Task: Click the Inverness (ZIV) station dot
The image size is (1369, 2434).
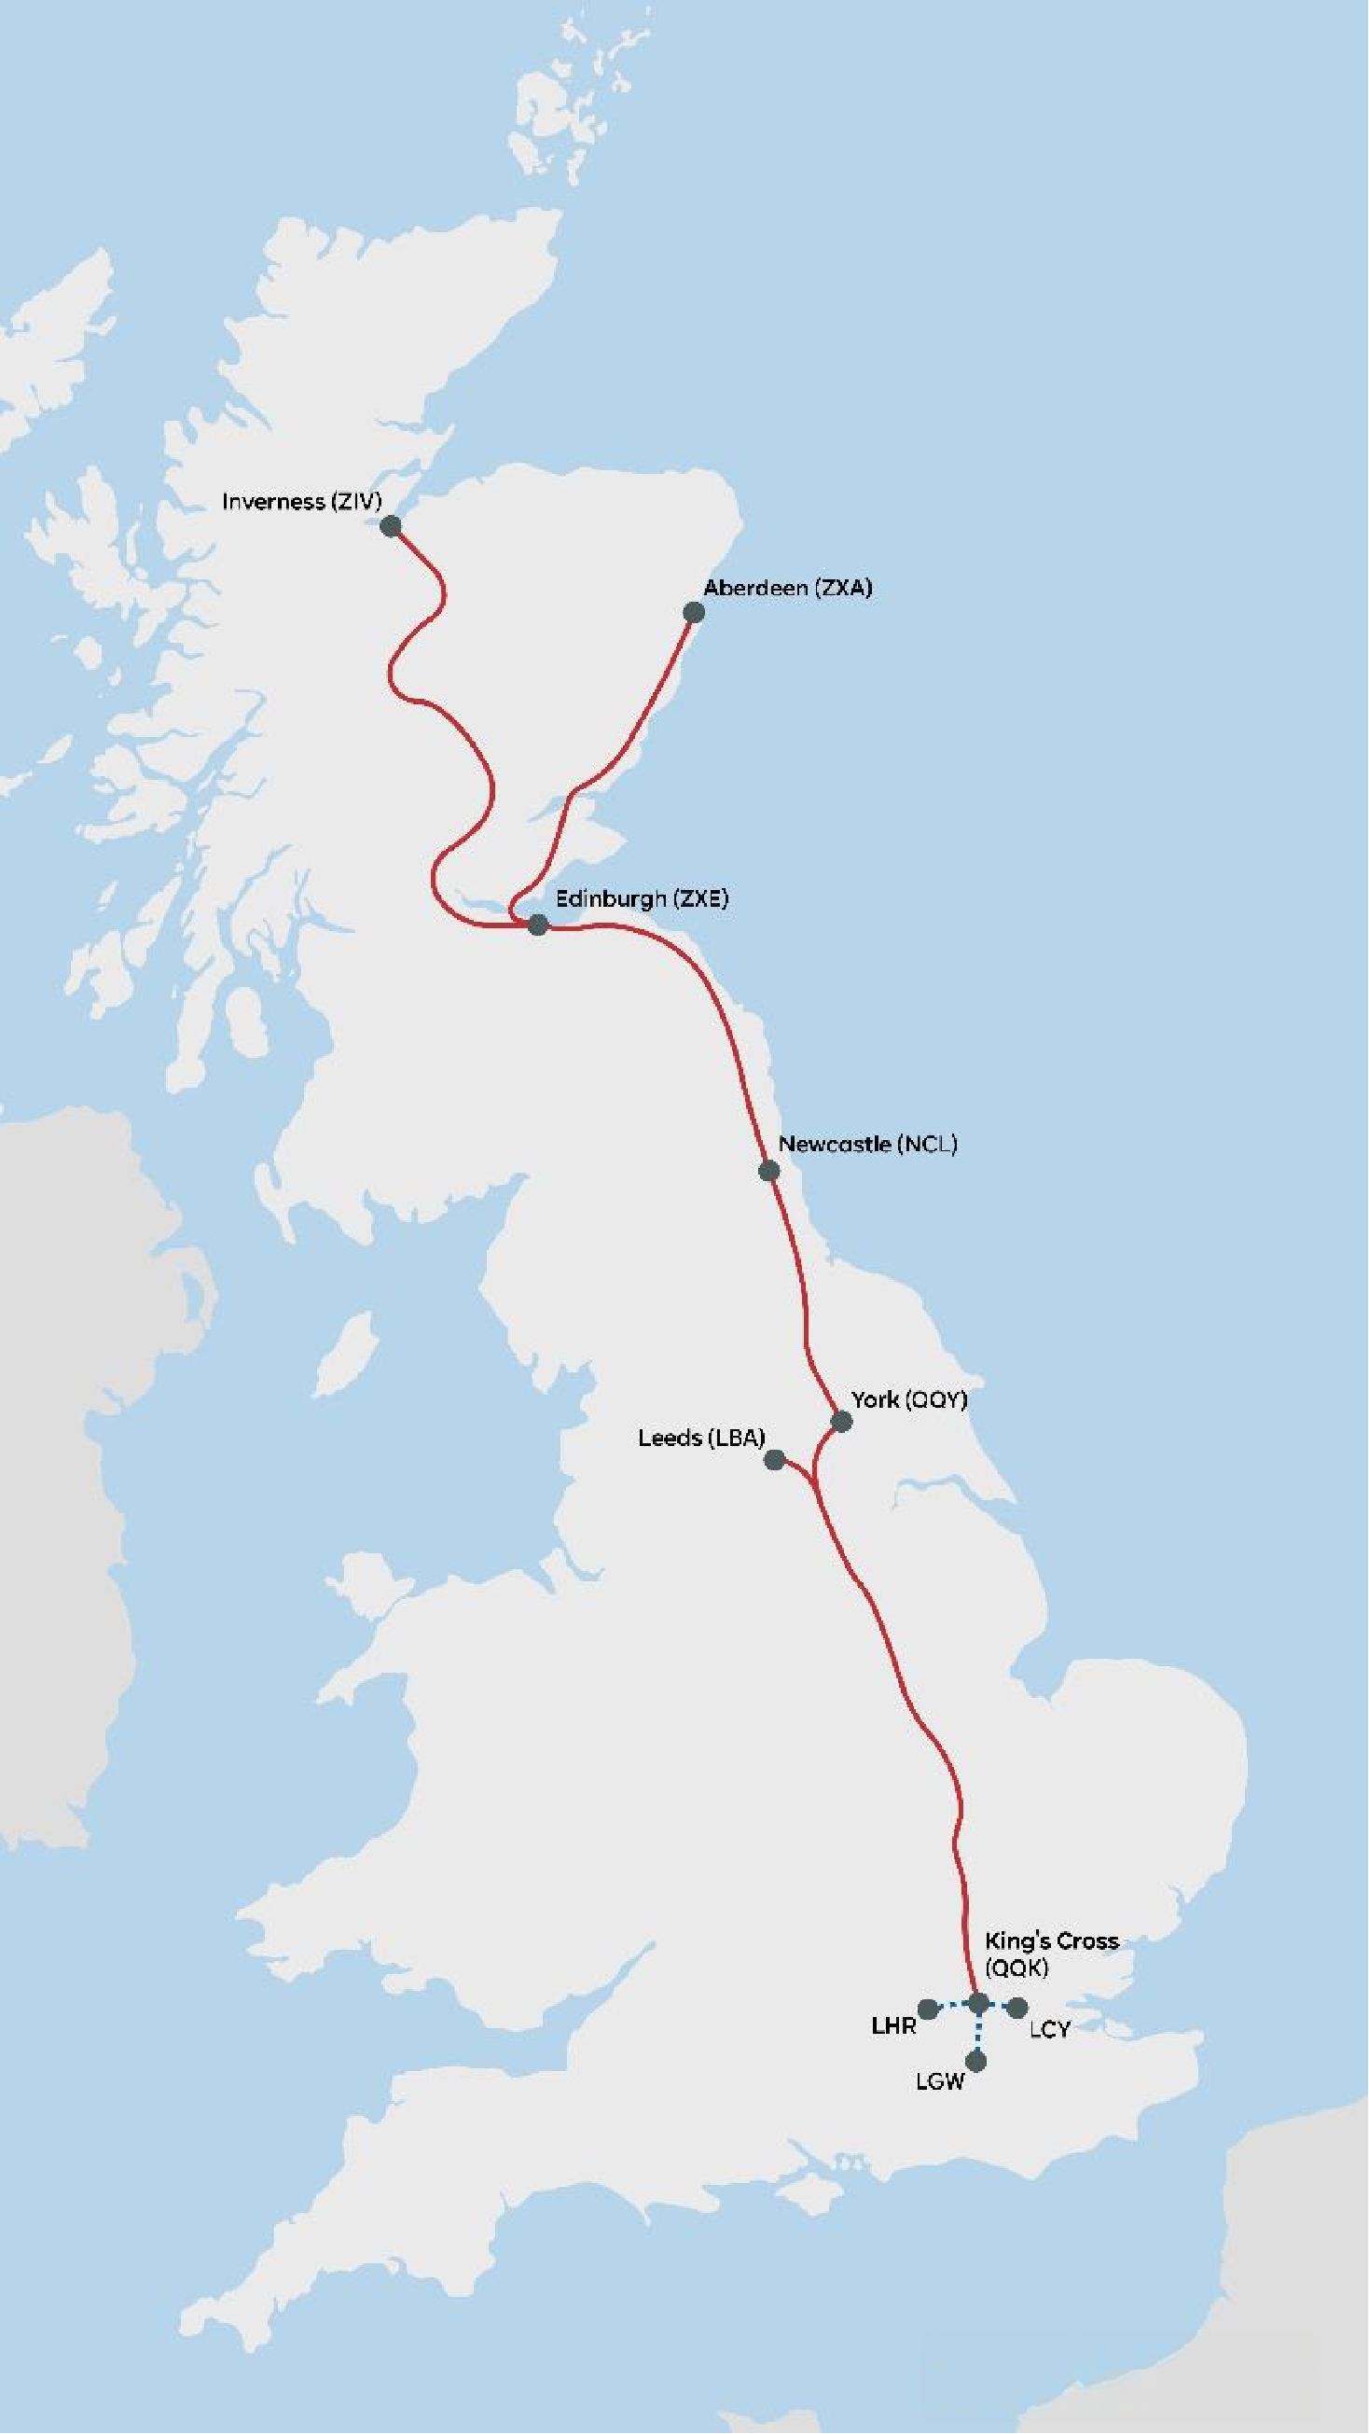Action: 390,526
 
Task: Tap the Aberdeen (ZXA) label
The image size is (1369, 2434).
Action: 787,588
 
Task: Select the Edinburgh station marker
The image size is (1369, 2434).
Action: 537,925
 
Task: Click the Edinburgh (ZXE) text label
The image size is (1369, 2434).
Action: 642,898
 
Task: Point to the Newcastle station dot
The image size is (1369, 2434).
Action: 769,1171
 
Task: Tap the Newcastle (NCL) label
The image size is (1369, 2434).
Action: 867,1145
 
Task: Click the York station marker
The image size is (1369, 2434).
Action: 841,1421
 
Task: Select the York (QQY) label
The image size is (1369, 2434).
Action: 909,1399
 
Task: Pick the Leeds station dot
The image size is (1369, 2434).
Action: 774,1460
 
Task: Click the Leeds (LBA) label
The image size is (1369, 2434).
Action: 701,1438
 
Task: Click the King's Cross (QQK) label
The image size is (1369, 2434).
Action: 1051,1954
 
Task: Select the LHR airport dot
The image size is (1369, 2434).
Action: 928,2008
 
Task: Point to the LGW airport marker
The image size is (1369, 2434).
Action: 977,2061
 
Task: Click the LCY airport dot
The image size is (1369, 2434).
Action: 1017,2006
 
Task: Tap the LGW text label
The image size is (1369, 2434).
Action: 940,2081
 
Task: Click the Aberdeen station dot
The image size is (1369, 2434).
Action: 694,612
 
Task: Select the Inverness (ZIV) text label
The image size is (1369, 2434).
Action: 301,502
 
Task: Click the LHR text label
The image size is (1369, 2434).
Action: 892,2025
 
